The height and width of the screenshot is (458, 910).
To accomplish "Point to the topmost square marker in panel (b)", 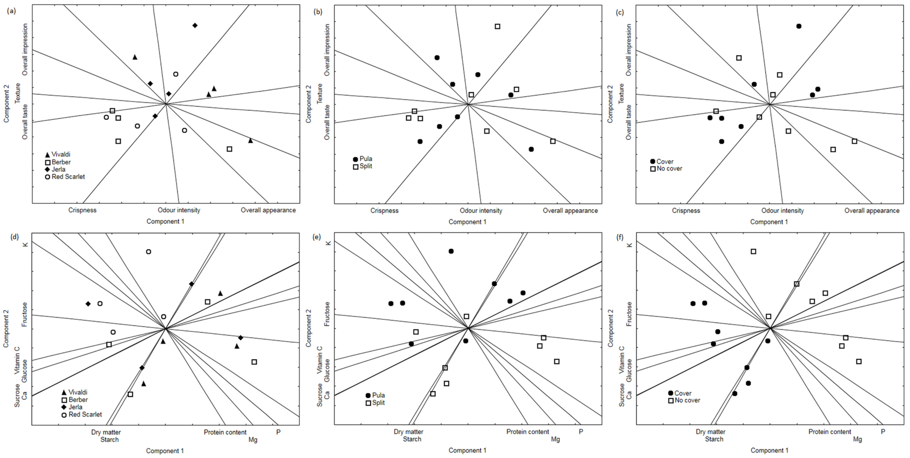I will [497, 26].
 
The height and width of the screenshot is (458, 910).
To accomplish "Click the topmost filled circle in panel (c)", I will [799, 26].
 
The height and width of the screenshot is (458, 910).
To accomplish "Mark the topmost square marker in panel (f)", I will [754, 251].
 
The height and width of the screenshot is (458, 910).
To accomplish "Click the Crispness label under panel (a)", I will [82, 210].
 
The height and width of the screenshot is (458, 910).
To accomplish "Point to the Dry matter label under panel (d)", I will [106, 432].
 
